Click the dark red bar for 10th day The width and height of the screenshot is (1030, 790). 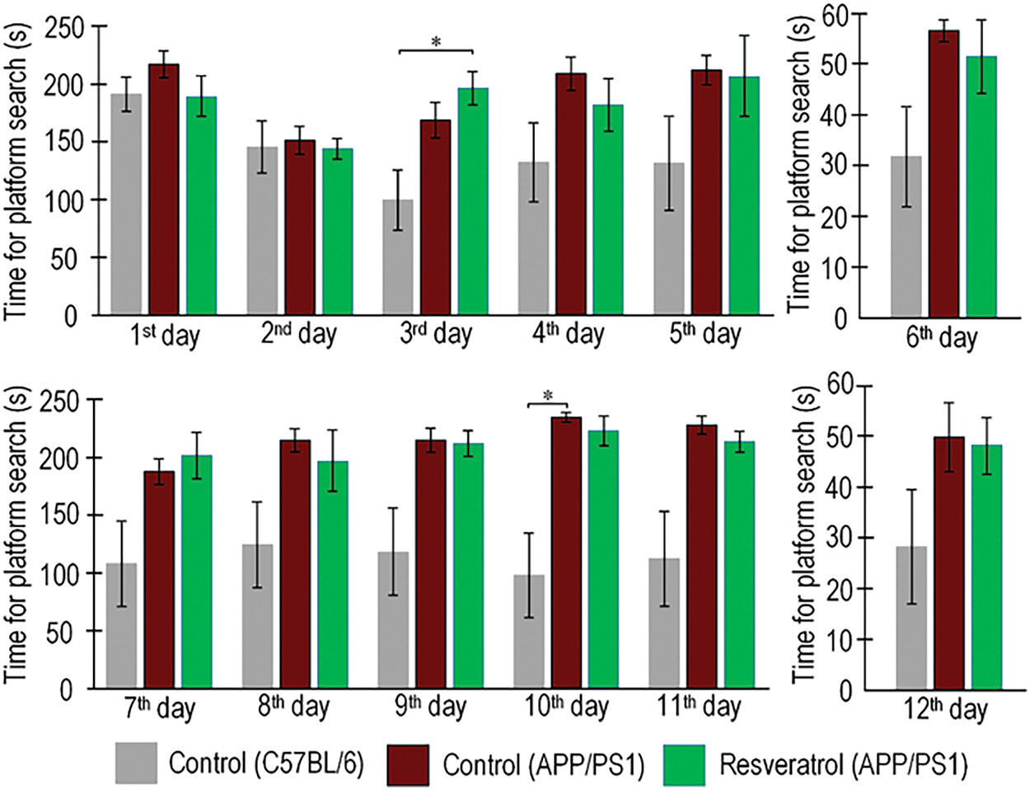566,553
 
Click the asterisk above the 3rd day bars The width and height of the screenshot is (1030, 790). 436,42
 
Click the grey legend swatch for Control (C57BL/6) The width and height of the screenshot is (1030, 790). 136,763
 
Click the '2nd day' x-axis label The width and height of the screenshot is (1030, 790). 298,335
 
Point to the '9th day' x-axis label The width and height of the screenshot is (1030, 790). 429,708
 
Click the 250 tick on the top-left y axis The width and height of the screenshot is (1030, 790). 67,27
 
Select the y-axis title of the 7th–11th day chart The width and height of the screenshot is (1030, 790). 18,544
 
